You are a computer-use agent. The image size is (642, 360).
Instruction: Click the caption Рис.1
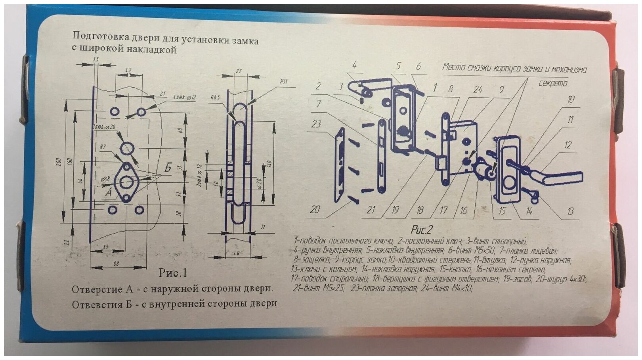(172, 273)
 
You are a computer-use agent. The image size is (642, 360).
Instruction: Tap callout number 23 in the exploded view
(316, 124)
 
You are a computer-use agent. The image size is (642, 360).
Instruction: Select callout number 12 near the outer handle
(567, 145)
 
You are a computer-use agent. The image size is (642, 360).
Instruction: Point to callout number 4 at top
(354, 65)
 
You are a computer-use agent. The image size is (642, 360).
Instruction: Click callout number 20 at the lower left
(315, 209)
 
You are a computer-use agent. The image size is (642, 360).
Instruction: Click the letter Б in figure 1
(168, 167)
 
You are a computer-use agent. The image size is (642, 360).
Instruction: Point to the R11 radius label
(283, 82)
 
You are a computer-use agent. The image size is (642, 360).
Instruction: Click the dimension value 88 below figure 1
(116, 263)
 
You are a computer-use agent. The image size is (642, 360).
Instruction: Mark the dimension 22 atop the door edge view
(238, 71)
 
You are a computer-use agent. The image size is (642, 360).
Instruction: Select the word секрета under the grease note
(553, 83)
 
